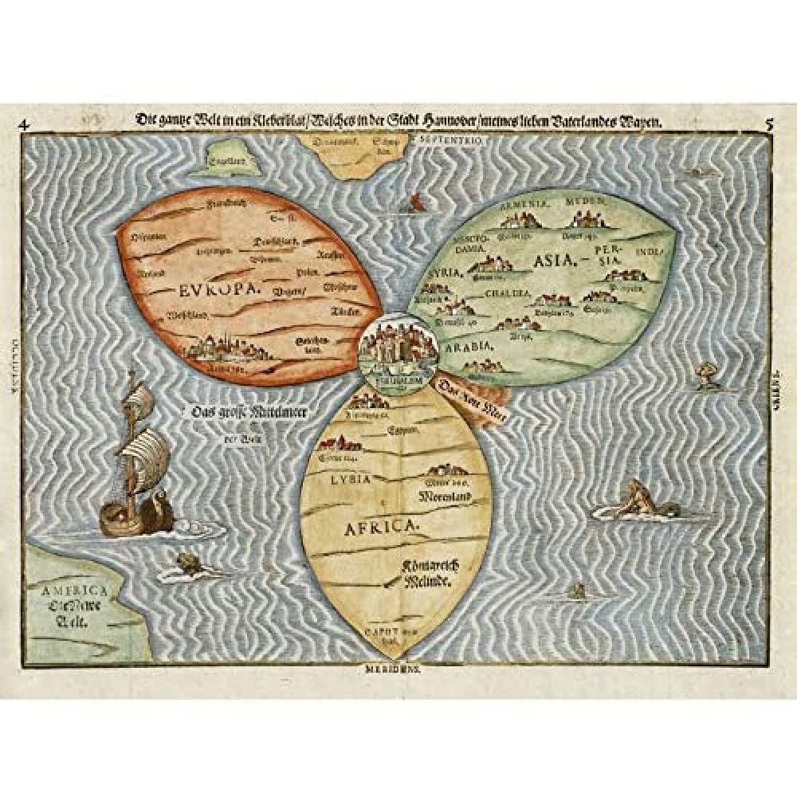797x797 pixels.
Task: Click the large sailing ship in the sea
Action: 139,462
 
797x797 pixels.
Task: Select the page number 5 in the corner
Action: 769,124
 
